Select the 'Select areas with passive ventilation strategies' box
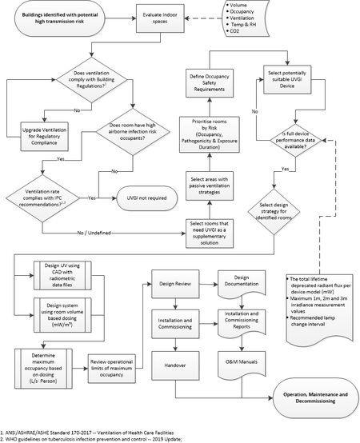[210, 186]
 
